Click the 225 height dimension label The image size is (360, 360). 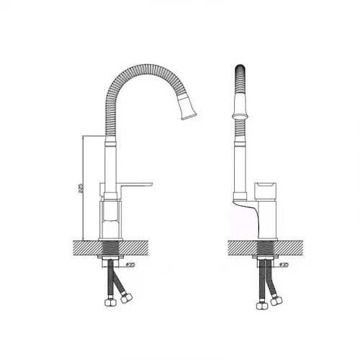(81, 189)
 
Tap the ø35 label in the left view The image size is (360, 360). (130, 264)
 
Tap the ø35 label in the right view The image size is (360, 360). (284, 264)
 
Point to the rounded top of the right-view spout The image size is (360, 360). (240, 68)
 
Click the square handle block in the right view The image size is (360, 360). (266, 192)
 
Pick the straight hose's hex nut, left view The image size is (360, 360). (110, 302)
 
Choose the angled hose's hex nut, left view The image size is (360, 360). (126, 297)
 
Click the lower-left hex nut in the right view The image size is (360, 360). (262, 305)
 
